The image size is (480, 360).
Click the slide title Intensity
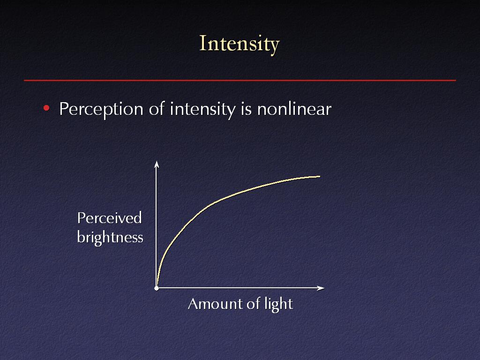pyautogui.click(x=240, y=44)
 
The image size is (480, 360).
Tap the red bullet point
pyautogui.click(x=46, y=108)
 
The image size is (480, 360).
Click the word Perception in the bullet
pyautogui.click(x=101, y=109)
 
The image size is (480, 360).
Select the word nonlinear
pyautogui.click(x=294, y=108)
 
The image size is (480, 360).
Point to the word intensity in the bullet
pyautogui.click(x=202, y=109)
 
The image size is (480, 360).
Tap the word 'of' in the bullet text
pyautogui.click(x=157, y=108)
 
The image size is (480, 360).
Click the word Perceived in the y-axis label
pyautogui.click(x=109, y=217)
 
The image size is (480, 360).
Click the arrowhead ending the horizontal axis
pyautogui.click(x=321, y=288)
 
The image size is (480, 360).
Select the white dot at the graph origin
pyautogui.click(x=157, y=288)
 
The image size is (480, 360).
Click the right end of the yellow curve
pyautogui.click(x=320, y=176)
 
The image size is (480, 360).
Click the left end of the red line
pyautogui.click(x=24, y=81)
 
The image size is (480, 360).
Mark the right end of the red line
pyautogui.click(x=456, y=81)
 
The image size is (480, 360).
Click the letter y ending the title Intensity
pyautogui.click(x=275, y=47)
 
